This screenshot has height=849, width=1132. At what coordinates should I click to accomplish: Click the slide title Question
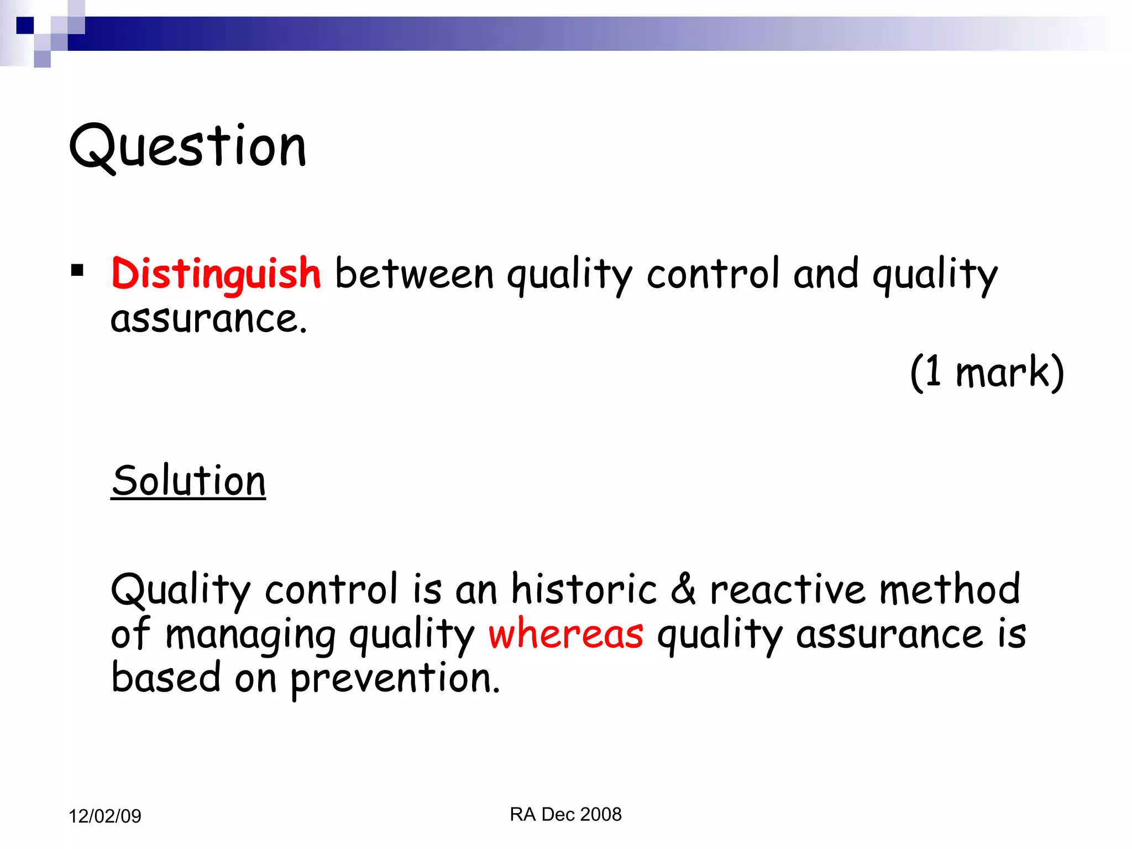[x=187, y=146]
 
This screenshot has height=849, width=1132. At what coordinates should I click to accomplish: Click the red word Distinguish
[x=216, y=274]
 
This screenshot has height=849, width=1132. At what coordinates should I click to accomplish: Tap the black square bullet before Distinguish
[x=77, y=270]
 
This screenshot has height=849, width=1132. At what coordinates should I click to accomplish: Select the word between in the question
[x=414, y=274]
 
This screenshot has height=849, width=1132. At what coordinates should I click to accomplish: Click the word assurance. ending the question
[x=208, y=319]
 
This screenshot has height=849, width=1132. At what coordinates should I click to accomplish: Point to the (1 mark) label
[x=987, y=372]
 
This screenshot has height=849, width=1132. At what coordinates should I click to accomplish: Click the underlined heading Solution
[x=188, y=480]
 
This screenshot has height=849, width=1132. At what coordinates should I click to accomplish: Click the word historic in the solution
[x=584, y=589]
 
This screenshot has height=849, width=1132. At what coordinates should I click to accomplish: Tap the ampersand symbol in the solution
[x=683, y=589]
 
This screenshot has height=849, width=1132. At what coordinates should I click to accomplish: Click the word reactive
[x=787, y=589]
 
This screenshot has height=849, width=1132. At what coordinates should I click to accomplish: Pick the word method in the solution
[x=949, y=589]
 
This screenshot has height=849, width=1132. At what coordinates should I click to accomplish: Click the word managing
[x=250, y=635]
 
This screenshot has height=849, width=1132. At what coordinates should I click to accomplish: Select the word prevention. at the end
[x=395, y=678]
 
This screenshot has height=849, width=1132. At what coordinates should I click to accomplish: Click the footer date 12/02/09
[x=105, y=816]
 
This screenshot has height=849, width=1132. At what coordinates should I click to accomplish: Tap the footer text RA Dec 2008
[x=565, y=814]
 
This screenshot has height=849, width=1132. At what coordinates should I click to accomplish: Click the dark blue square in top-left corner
[x=25, y=25]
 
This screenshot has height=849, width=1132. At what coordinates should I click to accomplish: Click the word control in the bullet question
[x=713, y=274]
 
